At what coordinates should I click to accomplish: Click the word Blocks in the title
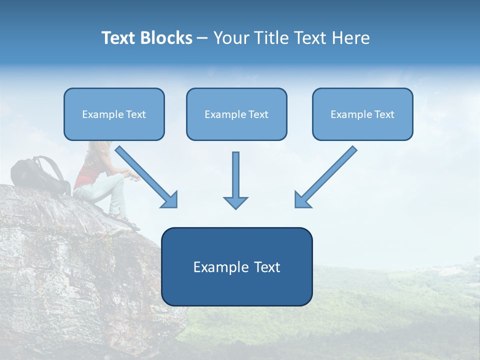point(166,38)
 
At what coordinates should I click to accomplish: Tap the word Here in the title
point(351,38)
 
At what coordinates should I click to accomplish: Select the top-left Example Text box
point(114,114)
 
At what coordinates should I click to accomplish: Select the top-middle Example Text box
point(236,114)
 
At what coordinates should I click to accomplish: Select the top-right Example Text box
point(362,114)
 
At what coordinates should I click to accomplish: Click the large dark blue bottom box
point(236,266)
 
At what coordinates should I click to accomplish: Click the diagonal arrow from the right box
point(325,177)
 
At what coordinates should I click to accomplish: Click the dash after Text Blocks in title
point(202,38)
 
